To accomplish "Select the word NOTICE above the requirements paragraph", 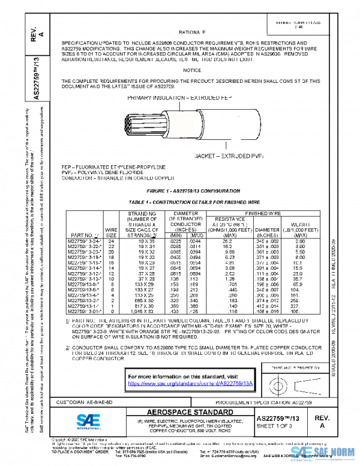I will pyautogui.click(x=192, y=70).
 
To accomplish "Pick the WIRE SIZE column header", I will pyautogui.click(x=111, y=232).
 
